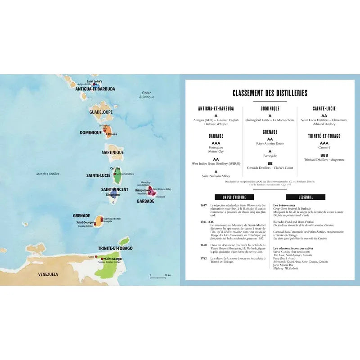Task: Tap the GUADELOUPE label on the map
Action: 100,111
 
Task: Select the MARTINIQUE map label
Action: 112,153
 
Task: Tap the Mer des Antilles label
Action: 48,174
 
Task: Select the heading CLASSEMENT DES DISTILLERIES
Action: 270,93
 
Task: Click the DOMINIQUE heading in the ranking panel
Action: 270,108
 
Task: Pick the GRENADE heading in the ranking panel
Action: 270,132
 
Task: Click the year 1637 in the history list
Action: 204,205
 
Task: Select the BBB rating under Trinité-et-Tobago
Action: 324,154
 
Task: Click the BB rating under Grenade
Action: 270,163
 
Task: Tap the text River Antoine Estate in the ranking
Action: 270,144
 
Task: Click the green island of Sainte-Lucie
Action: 117,177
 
